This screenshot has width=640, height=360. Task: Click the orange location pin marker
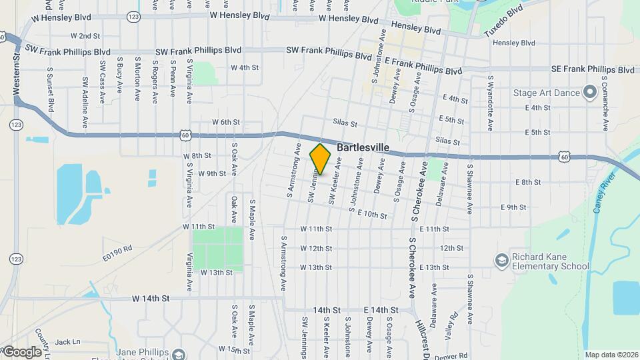pyautogui.click(x=321, y=159)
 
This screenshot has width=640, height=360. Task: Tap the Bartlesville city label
pyautogui.click(x=363, y=147)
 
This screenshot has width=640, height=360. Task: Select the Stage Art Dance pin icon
pyautogui.click(x=589, y=93)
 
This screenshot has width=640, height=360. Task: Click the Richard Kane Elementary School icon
pyautogui.click(x=502, y=259)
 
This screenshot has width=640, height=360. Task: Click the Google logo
pyautogui.click(x=21, y=351)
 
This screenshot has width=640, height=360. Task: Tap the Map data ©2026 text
pyautogui.click(x=611, y=355)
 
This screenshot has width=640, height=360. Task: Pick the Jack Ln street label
pyautogui.click(x=67, y=342)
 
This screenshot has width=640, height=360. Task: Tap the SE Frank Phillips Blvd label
pyautogui.click(x=593, y=69)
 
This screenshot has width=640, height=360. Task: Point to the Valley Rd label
pyautogui.click(x=454, y=325)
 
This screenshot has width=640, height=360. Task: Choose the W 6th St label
pyautogui.click(x=225, y=122)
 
